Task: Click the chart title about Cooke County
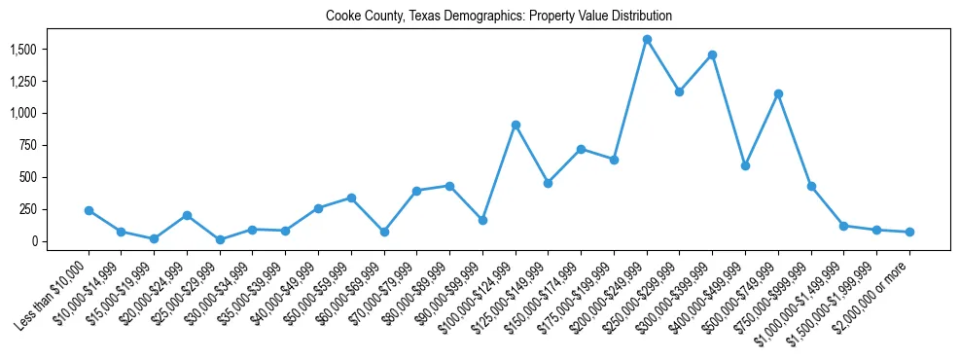[x=498, y=17]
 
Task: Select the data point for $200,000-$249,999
[x=647, y=39]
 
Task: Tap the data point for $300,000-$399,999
[x=712, y=54]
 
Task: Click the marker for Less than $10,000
[x=89, y=210]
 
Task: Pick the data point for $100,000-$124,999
[x=516, y=125]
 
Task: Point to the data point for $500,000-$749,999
[x=778, y=93]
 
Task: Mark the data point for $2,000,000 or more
[x=909, y=232]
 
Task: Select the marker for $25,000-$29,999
[x=220, y=239]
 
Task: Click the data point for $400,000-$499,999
[x=745, y=165]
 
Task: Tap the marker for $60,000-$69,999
[x=384, y=232]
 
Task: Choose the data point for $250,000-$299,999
[x=679, y=91]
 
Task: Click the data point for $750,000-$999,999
[x=811, y=186]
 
